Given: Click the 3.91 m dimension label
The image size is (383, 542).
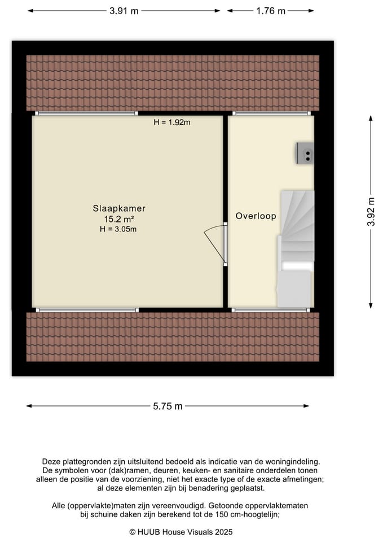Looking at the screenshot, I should point(124,11).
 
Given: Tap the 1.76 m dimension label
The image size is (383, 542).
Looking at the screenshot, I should point(271,11).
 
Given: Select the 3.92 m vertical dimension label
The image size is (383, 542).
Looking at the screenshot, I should point(371,212).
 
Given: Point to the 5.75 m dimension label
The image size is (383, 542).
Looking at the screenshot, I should point(168,406).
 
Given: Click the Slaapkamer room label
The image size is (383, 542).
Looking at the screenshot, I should point(115,208).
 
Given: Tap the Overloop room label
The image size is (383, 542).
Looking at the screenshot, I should point(256,216).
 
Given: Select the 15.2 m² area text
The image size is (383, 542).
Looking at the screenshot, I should point(118,219).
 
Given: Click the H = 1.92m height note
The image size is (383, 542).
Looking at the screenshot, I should point(172,123).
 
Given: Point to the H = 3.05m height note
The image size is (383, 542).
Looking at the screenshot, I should point(118,229).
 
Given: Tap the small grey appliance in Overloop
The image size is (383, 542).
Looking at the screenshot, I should point(305,152).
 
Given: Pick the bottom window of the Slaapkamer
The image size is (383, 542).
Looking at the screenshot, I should point(87,309).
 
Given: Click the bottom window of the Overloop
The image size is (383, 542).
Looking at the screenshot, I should point(271,309).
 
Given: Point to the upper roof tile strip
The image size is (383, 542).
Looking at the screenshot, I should point(173,82).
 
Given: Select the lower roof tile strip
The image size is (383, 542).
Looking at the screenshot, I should point(173,336).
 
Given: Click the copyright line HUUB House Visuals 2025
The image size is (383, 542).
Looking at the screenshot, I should point(181,532).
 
